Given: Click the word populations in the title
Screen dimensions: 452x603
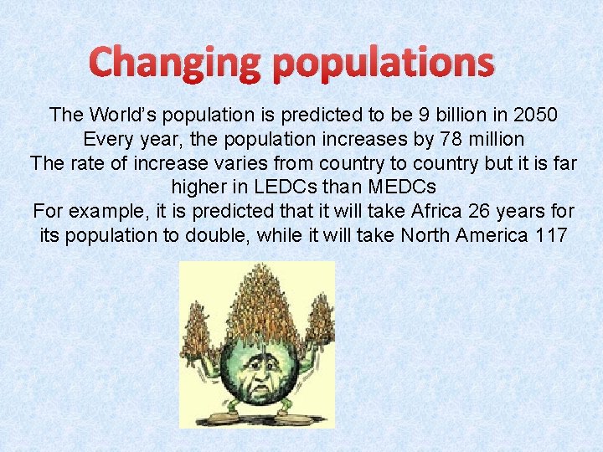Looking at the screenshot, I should [x=384, y=64].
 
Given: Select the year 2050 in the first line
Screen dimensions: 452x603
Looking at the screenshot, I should [x=538, y=114].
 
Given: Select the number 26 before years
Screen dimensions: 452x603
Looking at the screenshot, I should [x=483, y=211].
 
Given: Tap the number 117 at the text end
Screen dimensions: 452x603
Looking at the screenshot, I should [x=550, y=235].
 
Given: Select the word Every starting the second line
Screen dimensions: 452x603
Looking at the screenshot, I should [x=107, y=138].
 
